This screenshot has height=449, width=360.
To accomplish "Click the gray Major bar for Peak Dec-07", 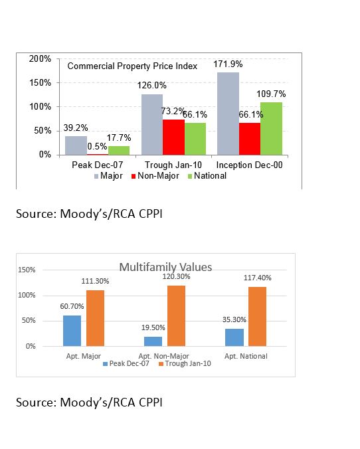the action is pos(76,145).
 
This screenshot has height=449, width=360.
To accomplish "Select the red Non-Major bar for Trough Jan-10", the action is pos(173,137).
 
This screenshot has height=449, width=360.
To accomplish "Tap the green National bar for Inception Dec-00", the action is pos(271,129).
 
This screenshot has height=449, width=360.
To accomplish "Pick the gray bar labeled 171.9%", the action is pos(228,114).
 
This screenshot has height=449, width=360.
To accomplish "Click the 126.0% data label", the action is pos(152,85).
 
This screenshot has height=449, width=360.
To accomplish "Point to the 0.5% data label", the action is pos(97,146).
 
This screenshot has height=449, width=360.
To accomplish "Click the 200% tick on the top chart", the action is pos(40,58).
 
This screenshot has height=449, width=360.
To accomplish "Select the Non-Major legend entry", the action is pos(155,176).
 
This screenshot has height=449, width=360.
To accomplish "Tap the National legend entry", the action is pos(207,176).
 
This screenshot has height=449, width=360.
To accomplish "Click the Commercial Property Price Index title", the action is pos(132,66).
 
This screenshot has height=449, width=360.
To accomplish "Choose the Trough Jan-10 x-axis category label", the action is pos(173,165).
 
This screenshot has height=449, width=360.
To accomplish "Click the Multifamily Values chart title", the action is pos(165,267).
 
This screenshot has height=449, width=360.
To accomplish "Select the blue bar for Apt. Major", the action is pos(72,331).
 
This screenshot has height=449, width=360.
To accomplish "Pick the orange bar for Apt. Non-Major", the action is pos(176,316).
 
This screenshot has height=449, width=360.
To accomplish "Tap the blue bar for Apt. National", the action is pos(234,337).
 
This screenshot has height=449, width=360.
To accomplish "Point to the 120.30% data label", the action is pos(176,276).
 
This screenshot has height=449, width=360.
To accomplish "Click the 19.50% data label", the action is pos(153,327).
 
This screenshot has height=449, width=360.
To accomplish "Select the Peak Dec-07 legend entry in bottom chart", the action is pos(126,364).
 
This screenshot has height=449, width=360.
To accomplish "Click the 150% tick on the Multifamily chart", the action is pos(27,270).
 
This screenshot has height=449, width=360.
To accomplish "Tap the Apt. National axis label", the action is pos(246,356).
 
